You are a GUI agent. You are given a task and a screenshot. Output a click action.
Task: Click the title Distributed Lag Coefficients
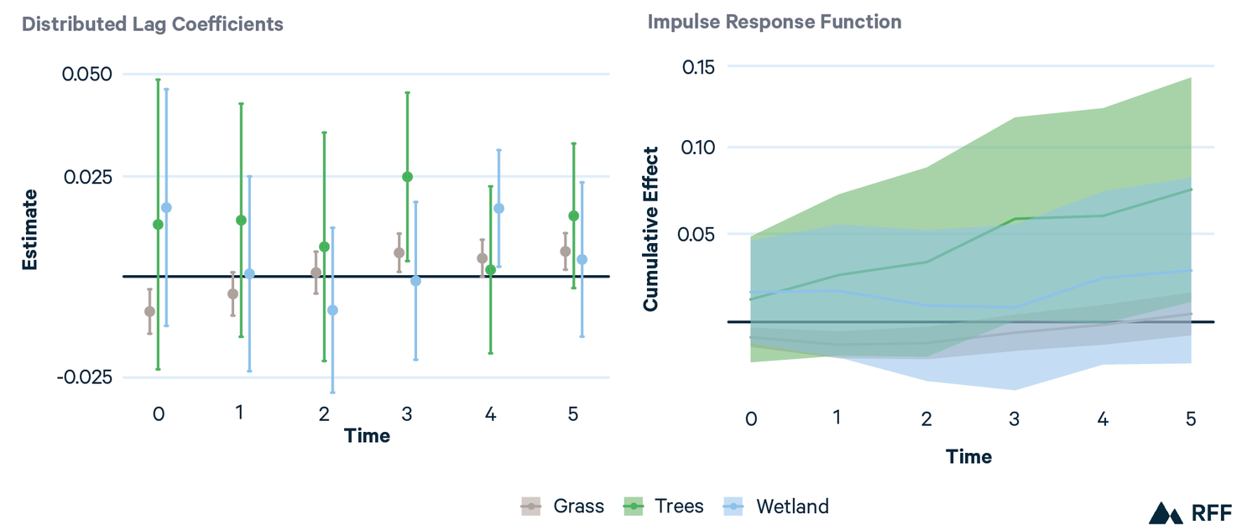click(x=153, y=24)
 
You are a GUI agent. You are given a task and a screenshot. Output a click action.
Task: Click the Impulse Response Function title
click(x=774, y=22)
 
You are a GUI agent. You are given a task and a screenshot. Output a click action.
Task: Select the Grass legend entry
click(x=563, y=507)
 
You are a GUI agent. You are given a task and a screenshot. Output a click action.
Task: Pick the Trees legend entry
click(x=664, y=507)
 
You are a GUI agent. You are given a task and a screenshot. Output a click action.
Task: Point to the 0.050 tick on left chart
click(x=86, y=74)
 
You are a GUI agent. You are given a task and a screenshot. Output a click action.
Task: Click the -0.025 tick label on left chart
click(x=84, y=377)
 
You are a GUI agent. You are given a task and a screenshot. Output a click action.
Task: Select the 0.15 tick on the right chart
click(x=703, y=66)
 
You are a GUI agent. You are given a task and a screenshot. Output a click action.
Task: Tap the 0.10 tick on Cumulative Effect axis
click(x=703, y=148)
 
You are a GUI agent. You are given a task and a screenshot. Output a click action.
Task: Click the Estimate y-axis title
click(x=30, y=229)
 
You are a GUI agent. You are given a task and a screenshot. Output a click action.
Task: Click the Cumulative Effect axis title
click(x=651, y=229)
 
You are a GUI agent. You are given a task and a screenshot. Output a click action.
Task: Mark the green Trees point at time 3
click(x=407, y=177)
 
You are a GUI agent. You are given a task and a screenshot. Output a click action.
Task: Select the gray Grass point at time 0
click(x=149, y=311)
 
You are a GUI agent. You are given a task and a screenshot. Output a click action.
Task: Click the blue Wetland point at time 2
click(x=332, y=310)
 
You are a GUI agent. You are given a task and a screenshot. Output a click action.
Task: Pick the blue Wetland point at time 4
click(x=498, y=208)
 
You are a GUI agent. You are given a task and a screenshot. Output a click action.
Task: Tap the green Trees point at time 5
click(x=573, y=216)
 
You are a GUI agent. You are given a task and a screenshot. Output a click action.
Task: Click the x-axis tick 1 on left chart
click(x=240, y=413)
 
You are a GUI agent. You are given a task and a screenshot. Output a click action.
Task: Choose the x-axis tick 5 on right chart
click(x=1190, y=418)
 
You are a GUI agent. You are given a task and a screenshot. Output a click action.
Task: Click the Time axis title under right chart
click(x=968, y=457)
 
